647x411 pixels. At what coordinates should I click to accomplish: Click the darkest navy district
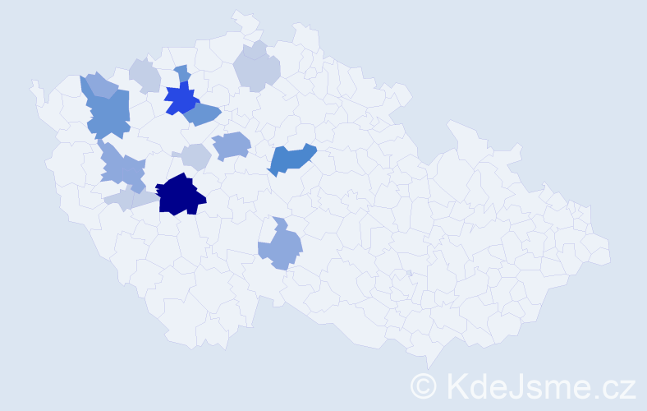pos(180,196)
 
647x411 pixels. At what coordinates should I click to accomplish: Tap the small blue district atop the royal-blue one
pos(182,73)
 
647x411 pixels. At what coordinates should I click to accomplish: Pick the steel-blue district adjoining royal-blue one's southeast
pos(203,114)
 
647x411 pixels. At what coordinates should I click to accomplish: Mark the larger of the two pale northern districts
pos(257,72)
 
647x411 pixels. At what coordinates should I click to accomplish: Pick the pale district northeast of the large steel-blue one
pos(145,76)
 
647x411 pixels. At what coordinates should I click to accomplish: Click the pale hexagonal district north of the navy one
pos(196,155)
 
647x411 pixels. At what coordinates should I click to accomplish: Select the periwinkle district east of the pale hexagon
pos(232,145)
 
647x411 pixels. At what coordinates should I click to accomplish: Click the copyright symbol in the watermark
pos(424,386)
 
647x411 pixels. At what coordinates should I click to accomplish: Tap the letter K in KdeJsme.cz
pos(457,386)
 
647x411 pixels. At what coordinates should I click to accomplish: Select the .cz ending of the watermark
pos(615,386)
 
